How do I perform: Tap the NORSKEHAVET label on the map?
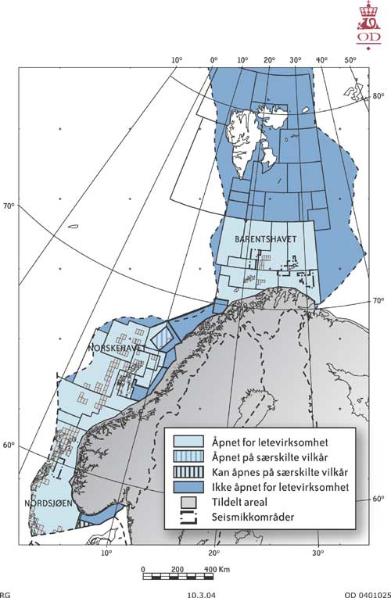click(x=117, y=346)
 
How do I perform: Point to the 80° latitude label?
click(x=378, y=96)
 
